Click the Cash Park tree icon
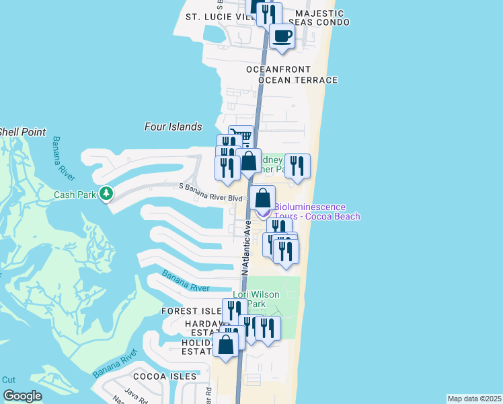pos(106,194)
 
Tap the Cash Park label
pos(75,195)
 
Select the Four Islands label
pos(173,127)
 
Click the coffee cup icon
pos(282,36)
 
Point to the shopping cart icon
pos(241,137)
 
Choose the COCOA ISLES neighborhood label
pos(165,376)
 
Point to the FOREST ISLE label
pos(191,311)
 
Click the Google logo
pos(22,396)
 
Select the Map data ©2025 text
pos(474,399)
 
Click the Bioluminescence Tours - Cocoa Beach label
pos(317,211)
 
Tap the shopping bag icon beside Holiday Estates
pos(227,344)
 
